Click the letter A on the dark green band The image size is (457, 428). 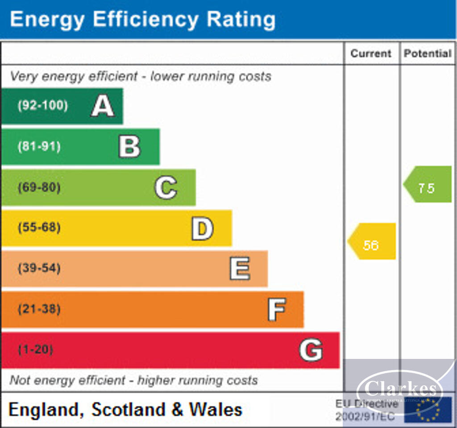(x=103, y=106)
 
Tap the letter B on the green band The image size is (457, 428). (x=129, y=147)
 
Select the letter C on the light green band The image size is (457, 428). (x=166, y=188)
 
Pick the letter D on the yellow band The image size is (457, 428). (x=202, y=228)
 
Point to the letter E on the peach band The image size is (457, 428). (x=240, y=269)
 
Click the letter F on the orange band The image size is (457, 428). (x=276, y=309)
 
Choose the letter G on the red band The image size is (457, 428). (x=311, y=350)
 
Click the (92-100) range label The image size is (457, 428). (x=43, y=106)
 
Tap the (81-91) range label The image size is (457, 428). (x=39, y=147)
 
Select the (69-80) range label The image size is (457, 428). (x=39, y=188)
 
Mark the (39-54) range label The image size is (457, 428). (x=39, y=269)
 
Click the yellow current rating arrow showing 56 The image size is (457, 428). (x=372, y=241)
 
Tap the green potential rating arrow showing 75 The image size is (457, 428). (x=428, y=184)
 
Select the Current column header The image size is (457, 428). (x=370, y=53)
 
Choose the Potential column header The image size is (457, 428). (x=428, y=53)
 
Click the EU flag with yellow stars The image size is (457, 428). (x=428, y=409)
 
